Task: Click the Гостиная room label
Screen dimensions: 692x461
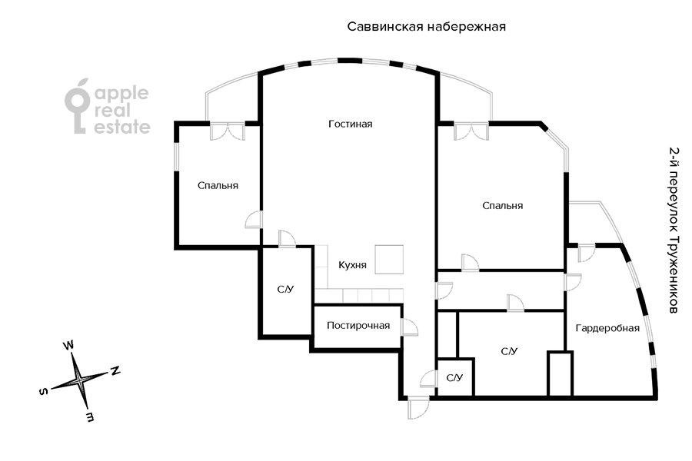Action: tap(351, 124)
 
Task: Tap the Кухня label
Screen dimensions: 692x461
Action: tap(352, 265)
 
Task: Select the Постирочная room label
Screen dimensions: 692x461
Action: tap(358, 326)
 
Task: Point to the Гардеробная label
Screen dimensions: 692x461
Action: tap(607, 328)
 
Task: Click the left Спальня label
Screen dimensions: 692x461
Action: tap(218, 186)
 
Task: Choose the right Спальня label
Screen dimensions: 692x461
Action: tap(502, 206)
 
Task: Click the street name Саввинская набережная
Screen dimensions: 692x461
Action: tap(426, 26)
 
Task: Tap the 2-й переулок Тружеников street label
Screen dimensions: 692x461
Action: tap(674, 230)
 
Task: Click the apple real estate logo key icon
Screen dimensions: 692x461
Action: tap(78, 106)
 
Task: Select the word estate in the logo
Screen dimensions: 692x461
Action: tap(122, 127)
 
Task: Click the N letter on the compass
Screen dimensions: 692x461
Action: tap(115, 370)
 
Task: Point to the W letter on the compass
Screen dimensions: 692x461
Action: tap(69, 345)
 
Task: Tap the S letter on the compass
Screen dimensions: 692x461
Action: tap(44, 392)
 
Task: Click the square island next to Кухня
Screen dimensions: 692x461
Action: tap(389, 260)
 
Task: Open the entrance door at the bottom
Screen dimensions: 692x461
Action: tap(418, 408)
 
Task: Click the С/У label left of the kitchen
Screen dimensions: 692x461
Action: tap(285, 290)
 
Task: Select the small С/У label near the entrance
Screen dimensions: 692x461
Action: tap(454, 378)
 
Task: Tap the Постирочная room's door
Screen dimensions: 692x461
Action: tap(409, 327)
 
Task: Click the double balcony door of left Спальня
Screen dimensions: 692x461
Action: tap(227, 131)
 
